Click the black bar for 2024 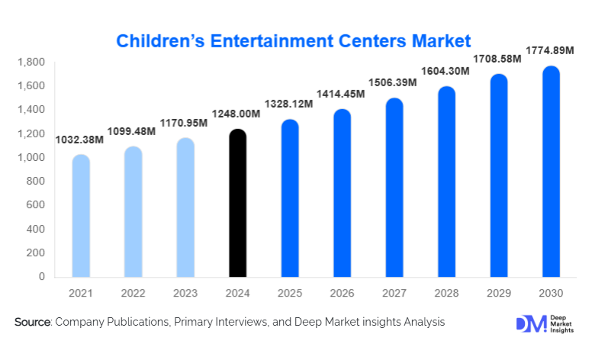pos(238,204)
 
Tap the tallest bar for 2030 pos(552,172)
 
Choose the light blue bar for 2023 pos(185,207)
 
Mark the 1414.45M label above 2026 pos(339,93)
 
